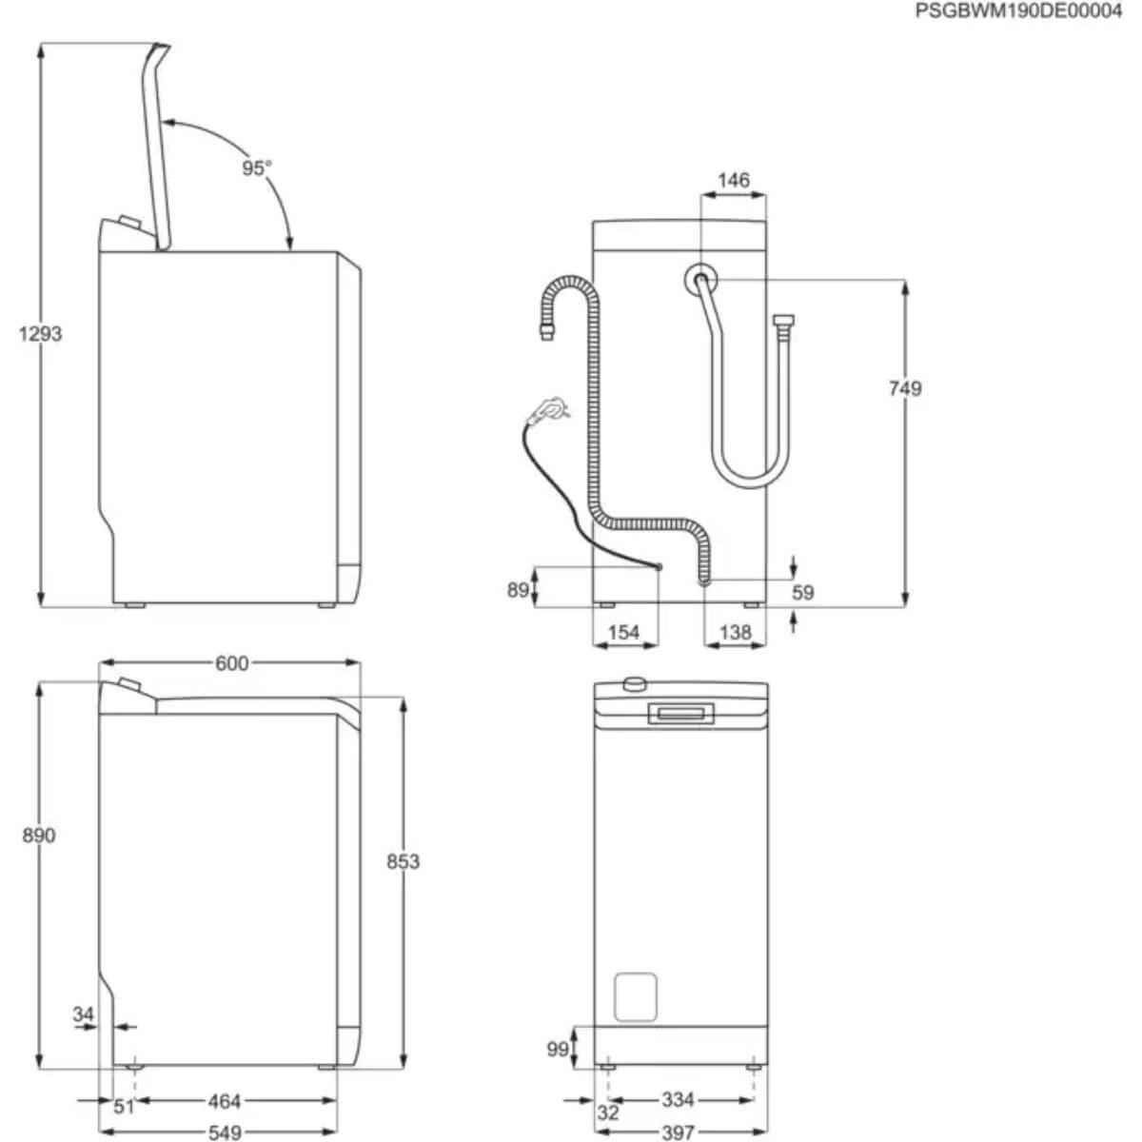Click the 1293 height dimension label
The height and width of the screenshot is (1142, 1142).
40,334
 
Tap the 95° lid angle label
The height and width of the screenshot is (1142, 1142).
256,168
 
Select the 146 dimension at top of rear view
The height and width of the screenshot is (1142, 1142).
733,180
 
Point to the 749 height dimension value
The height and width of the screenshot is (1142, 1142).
905,388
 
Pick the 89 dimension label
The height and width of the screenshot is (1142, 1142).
518,590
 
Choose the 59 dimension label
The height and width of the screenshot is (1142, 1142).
803,592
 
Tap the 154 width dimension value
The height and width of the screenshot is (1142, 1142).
623,632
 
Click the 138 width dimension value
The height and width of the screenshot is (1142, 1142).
735,632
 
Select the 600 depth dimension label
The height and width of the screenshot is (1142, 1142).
231,663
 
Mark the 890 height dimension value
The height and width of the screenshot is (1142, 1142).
38,835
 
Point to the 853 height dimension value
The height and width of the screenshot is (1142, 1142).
403,861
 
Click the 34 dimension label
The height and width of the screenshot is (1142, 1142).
84,1014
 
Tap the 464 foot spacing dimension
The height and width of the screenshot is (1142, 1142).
225,1101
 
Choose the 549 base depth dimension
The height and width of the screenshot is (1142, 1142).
225,1132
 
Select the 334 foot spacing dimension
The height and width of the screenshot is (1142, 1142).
678,1100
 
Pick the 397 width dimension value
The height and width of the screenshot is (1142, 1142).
678,1132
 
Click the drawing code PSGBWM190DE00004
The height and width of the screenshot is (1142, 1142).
1018,11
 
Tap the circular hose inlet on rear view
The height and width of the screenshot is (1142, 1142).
701,279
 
